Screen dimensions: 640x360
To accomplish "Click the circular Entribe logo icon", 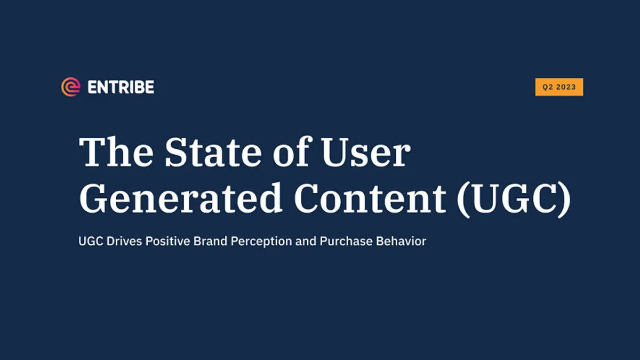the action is (70, 87).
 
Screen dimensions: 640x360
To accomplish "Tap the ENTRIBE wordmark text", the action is (121, 87).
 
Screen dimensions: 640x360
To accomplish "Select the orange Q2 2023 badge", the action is (559, 87).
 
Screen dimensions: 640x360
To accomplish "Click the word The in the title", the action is (116, 151).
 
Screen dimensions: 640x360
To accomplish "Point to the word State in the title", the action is (213, 151).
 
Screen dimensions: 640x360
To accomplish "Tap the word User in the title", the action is (366, 151).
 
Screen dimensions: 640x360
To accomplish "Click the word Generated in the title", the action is (181, 198).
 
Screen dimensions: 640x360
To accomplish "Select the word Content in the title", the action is (370, 198).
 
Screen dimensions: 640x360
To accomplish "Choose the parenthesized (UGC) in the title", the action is (514, 199).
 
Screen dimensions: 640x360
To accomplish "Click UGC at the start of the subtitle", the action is (91, 241).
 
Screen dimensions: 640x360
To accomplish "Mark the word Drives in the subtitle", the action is (124, 241).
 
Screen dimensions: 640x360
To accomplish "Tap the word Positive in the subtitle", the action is (167, 241).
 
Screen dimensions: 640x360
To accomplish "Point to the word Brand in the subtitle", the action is (210, 241).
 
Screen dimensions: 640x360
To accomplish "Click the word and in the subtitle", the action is (306, 241).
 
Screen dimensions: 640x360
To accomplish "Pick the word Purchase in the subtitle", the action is (346, 241).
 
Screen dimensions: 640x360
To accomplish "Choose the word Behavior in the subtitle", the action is (401, 241).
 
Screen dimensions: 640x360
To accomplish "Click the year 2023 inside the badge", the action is (566, 87).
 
